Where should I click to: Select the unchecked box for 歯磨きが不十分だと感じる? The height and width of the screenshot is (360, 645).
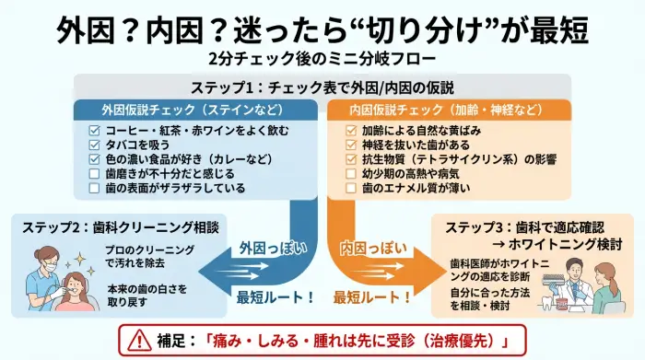pyautogui.click(x=94, y=173)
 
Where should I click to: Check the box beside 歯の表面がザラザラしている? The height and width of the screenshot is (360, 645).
pyautogui.click(x=94, y=188)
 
